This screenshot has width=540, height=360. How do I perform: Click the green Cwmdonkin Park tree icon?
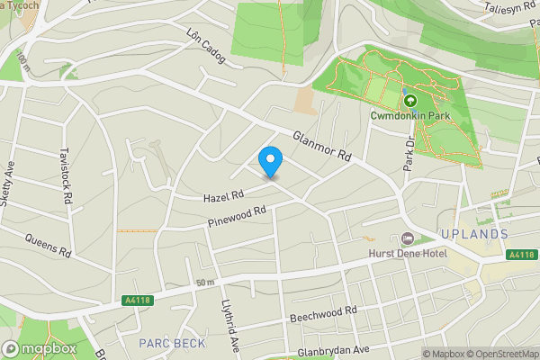point(410,101)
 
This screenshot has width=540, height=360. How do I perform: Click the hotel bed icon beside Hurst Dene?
point(407,238)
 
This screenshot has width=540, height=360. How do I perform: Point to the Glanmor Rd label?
point(321,145)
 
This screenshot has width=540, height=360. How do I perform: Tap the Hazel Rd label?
point(223,195)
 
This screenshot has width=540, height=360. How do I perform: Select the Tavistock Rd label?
point(66,176)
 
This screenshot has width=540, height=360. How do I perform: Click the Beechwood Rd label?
point(324,315)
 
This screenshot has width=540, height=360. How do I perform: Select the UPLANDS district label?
point(474,234)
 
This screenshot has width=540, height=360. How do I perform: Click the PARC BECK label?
point(167,343)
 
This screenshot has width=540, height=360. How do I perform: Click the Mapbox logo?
point(39,348)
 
